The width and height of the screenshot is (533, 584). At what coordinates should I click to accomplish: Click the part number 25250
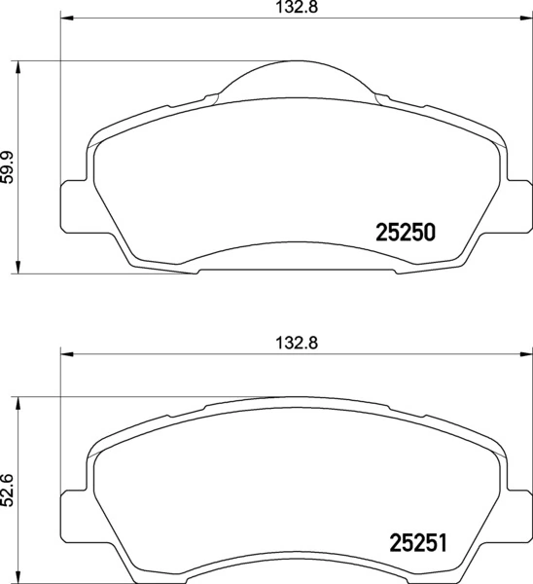404,234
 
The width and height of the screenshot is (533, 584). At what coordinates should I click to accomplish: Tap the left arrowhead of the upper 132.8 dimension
66,18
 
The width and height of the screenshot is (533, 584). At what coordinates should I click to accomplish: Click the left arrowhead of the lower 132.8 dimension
66,354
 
